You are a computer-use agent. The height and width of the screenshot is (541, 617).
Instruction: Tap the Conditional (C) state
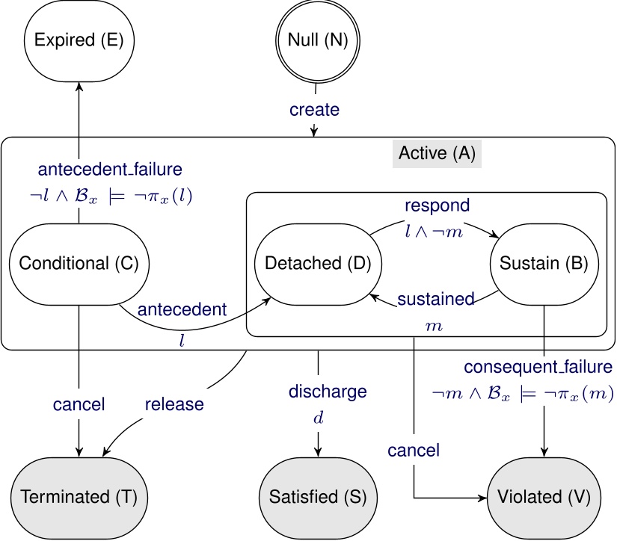[79, 263]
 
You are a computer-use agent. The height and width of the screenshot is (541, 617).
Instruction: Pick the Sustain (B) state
[544, 263]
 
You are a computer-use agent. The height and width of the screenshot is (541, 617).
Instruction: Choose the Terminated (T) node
[79, 497]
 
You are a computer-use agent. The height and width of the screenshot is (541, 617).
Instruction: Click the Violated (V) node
[544, 497]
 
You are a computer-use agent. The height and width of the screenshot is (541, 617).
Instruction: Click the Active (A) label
[438, 154]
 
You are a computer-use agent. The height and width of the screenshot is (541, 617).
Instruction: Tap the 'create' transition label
[315, 110]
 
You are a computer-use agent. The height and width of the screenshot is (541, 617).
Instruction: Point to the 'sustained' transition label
[435, 299]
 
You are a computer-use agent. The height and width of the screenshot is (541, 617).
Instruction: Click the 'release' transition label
[174, 404]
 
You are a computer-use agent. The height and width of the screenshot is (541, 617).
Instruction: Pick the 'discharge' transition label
[328, 391]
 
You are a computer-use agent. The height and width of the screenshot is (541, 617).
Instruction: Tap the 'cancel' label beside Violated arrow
[413, 451]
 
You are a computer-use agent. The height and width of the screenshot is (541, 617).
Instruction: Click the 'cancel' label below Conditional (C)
[79, 404]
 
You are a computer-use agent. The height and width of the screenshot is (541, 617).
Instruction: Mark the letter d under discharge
[318, 418]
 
